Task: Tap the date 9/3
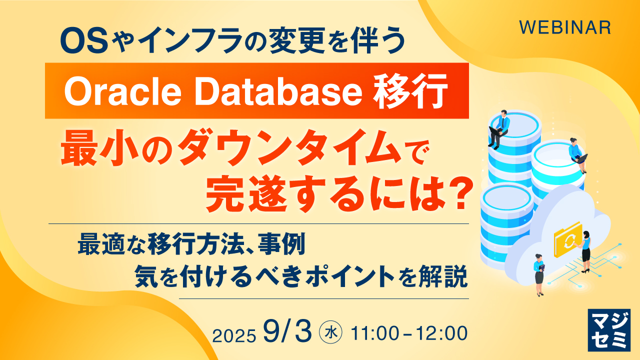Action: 289,332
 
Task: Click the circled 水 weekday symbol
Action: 330,333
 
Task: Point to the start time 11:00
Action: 375,333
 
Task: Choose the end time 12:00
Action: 443,333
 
